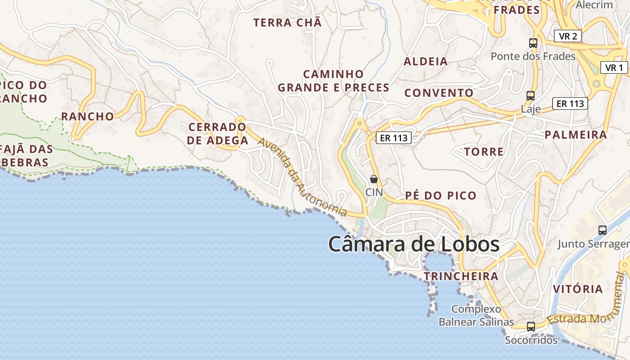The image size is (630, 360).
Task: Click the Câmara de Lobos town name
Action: pyautogui.click(x=414, y=244)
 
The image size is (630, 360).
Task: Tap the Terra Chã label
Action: pyautogui.click(x=288, y=22)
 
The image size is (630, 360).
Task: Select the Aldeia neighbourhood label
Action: pyautogui.click(x=426, y=62)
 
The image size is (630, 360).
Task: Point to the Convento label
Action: pyautogui.click(x=439, y=93)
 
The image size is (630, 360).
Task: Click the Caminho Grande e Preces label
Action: pyautogui.click(x=333, y=81)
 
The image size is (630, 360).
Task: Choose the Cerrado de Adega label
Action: pyautogui.click(x=218, y=134)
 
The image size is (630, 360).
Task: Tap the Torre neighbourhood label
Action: pyautogui.click(x=484, y=152)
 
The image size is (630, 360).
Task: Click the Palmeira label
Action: pyautogui.click(x=576, y=135)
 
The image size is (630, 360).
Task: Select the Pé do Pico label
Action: pyautogui.click(x=441, y=195)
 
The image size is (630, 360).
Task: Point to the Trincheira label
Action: pyautogui.click(x=461, y=276)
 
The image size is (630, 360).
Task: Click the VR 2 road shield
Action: pyautogui.click(x=568, y=36)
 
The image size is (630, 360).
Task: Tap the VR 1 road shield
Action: pyautogui.click(x=614, y=68)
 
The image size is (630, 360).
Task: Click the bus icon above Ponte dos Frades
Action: pyautogui.click(x=533, y=43)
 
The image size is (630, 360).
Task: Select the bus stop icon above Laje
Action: pyautogui.click(x=531, y=95)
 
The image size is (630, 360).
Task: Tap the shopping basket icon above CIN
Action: pyautogui.click(x=373, y=179)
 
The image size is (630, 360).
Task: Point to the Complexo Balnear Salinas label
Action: pyautogui.click(x=476, y=315)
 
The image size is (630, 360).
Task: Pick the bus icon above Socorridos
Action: pyautogui.click(x=531, y=327)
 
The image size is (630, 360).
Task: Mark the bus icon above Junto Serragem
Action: pyautogui.click(x=603, y=230)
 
